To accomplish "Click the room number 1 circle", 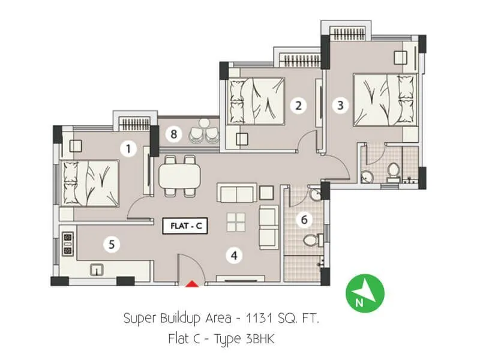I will click(127, 148).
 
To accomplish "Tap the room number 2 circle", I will click(297, 106).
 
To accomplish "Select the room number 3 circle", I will click(341, 106).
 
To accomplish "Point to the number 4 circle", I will click(234, 256).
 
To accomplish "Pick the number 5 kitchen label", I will click(111, 244).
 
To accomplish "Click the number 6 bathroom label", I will click(304, 220).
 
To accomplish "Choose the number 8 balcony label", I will click(173, 134).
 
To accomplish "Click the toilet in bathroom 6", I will click(310, 241).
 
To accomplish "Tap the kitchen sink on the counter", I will click(97, 269).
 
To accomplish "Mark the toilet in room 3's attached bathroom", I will click(394, 172).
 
